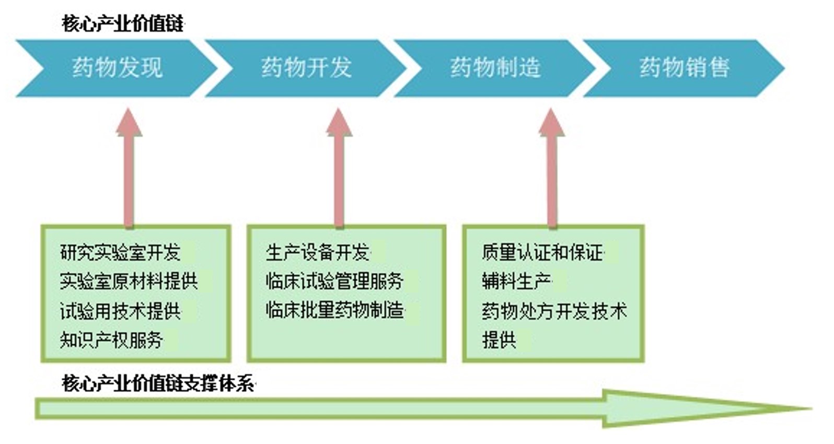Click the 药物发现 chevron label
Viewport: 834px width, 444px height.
[117, 68]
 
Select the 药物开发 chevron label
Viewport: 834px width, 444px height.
[306, 68]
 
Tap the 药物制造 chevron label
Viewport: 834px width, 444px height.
[495, 68]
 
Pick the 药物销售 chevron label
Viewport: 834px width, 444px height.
[684, 68]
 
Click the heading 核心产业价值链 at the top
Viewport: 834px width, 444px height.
[123, 24]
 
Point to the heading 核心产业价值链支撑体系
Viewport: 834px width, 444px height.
[158, 383]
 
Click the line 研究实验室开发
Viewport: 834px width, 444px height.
[120, 253]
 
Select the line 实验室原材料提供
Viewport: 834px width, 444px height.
[129, 282]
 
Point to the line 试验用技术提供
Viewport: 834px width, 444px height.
[120, 311]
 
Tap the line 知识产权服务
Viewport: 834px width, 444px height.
[111, 340]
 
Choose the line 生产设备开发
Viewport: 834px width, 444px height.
[317, 253]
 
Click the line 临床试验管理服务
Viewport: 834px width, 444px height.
[334, 282]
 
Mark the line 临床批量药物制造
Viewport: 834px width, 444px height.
[334, 310]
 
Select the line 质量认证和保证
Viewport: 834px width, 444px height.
[542, 253]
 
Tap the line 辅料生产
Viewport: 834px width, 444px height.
[516, 282]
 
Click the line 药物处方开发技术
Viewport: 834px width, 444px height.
[554, 311]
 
